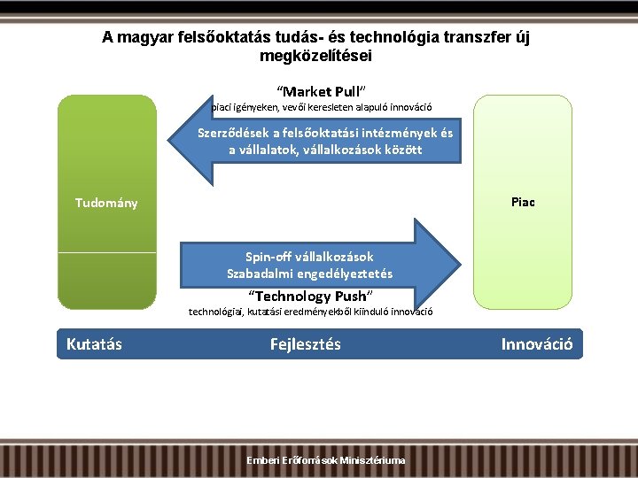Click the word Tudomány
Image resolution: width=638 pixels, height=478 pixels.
[106, 203]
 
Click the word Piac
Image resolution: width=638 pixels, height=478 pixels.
[523, 202]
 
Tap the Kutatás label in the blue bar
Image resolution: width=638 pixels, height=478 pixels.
[94, 343]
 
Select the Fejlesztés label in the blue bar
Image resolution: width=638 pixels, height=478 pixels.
[305, 343]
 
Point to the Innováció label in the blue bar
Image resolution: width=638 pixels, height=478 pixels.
[537, 343]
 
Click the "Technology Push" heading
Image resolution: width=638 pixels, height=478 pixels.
[309, 296]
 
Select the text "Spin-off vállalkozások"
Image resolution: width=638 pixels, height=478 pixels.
[309, 257]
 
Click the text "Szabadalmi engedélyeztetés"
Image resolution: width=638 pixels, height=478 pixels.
[309, 274]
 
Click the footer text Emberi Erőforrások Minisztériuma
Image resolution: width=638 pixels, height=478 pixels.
[327, 460]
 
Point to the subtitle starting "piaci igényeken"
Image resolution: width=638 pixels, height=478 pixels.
[321, 107]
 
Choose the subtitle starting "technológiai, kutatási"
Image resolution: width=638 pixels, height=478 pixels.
[310, 312]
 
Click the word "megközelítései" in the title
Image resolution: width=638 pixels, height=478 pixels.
[316, 56]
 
